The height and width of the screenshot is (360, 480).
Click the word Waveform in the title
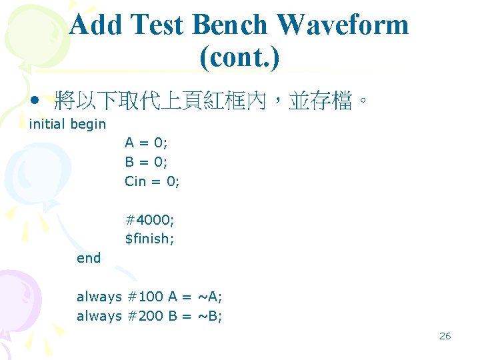pyautogui.click(x=343, y=25)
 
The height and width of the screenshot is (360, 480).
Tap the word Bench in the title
pyautogui.click(x=231, y=25)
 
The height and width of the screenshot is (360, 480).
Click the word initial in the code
pyautogui.click(x=47, y=124)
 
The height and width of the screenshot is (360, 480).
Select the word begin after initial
pyautogui.click(x=88, y=124)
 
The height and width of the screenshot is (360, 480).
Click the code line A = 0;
pyautogui.click(x=146, y=142)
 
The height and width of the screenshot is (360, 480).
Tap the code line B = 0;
pyautogui.click(x=146, y=161)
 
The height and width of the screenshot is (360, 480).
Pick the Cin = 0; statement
pyautogui.click(x=152, y=181)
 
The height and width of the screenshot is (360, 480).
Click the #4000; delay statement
pyautogui.click(x=150, y=219)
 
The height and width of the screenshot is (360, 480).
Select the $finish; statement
pyautogui.click(x=150, y=239)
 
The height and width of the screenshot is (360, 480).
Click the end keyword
pyautogui.click(x=89, y=258)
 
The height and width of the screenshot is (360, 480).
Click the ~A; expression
pyautogui.click(x=211, y=297)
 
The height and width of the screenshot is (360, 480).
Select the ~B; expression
pyautogui.click(x=211, y=316)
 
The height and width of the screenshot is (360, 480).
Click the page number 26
pyautogui.click(x=445, y=336)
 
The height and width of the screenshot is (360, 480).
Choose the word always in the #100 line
pyautogui.click(x=99, y=297)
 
